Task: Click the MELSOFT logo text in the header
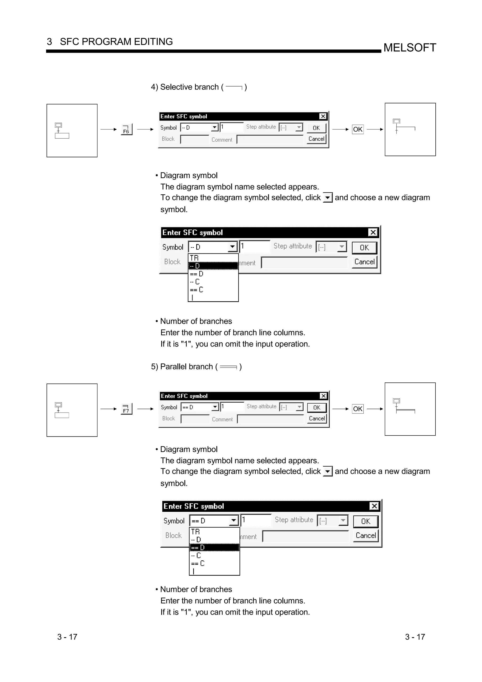tap(410, 48)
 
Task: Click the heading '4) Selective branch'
tap(189, 87)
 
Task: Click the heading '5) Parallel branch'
tap(186, 367)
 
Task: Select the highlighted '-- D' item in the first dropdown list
tap(213, 266)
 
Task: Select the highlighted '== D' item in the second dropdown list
tap(214, 547)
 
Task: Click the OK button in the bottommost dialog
tap(366, 521)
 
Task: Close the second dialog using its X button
tap(373, 232)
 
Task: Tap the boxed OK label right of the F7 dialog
tap(357, 409)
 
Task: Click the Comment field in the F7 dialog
tap(271, 419)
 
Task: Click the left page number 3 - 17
tap(67, 637)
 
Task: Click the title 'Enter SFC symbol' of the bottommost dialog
tap(194, 506)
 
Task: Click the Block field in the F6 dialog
tap(195, 139)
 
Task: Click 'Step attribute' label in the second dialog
tap(293, 246)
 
